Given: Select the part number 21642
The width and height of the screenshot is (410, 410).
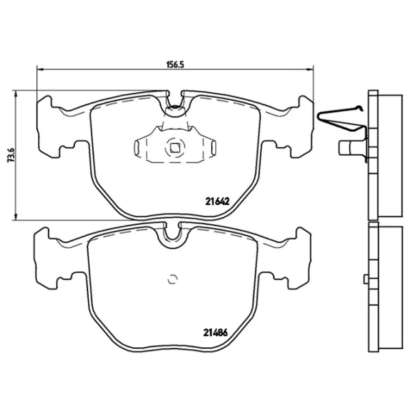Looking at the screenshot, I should point(216,201).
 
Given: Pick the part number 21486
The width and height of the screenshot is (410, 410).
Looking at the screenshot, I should point(216,333).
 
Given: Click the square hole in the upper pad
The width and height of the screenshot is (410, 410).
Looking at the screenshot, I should point(175,145).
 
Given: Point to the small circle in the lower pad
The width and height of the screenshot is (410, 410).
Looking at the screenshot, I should point(172,278).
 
